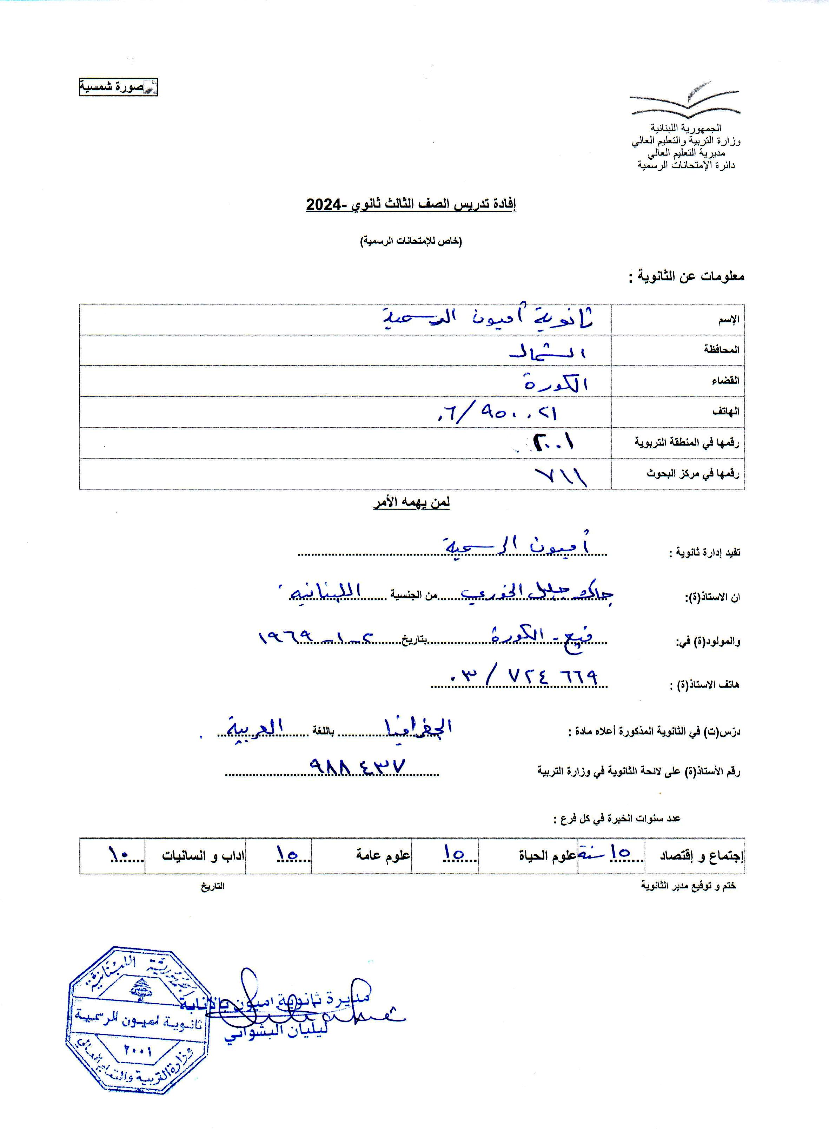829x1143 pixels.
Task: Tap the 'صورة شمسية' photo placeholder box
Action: click(x=118, y=87)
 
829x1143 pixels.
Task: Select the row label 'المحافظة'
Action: click(x=721, y=350)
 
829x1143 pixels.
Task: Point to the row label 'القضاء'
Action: click(x=725, y=381)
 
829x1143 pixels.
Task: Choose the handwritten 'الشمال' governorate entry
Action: click(x=547, y=351)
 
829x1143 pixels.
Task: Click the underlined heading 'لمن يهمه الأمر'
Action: click(x=411, y=502)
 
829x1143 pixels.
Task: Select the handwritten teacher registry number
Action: click(x=358, y=767)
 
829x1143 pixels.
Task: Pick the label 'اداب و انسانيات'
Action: click(x=203, y=855)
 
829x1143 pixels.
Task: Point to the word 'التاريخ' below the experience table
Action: click(x=213, y=886)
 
